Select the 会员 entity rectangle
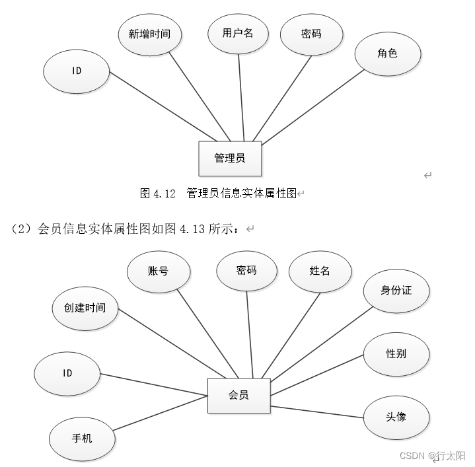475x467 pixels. (238, 396)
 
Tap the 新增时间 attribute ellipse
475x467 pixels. (149, 34)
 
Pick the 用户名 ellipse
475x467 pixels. (238, 32)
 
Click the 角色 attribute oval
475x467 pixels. (388, 54)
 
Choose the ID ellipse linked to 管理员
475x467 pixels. (77, 71)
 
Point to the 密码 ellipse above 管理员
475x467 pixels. (311, 33)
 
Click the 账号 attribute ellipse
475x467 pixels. (158, 271)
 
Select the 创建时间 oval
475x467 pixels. (85, 308)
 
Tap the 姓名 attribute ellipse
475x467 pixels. (320, 271)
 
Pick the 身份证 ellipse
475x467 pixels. (396, 290)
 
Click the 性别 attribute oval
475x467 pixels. (396, 353)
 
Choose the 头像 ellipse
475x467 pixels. (396, 417)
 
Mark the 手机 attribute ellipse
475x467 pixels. (82, 438)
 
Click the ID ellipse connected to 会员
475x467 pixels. (67, 373)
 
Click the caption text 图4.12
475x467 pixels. (158, 194)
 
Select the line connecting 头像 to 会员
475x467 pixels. (317, 411)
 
